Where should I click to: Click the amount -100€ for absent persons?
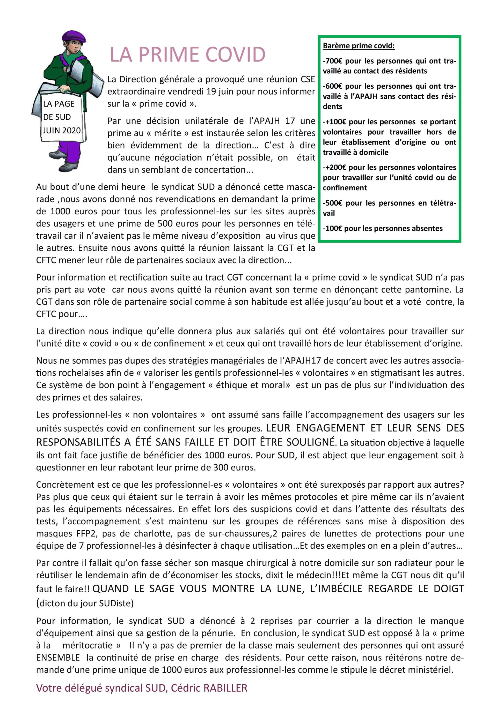(x=332, y=228)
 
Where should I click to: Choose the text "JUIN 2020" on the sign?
(x=62, y=130)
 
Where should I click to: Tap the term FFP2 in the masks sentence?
(x=86, y=533)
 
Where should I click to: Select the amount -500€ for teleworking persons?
(x=332, y=203)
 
